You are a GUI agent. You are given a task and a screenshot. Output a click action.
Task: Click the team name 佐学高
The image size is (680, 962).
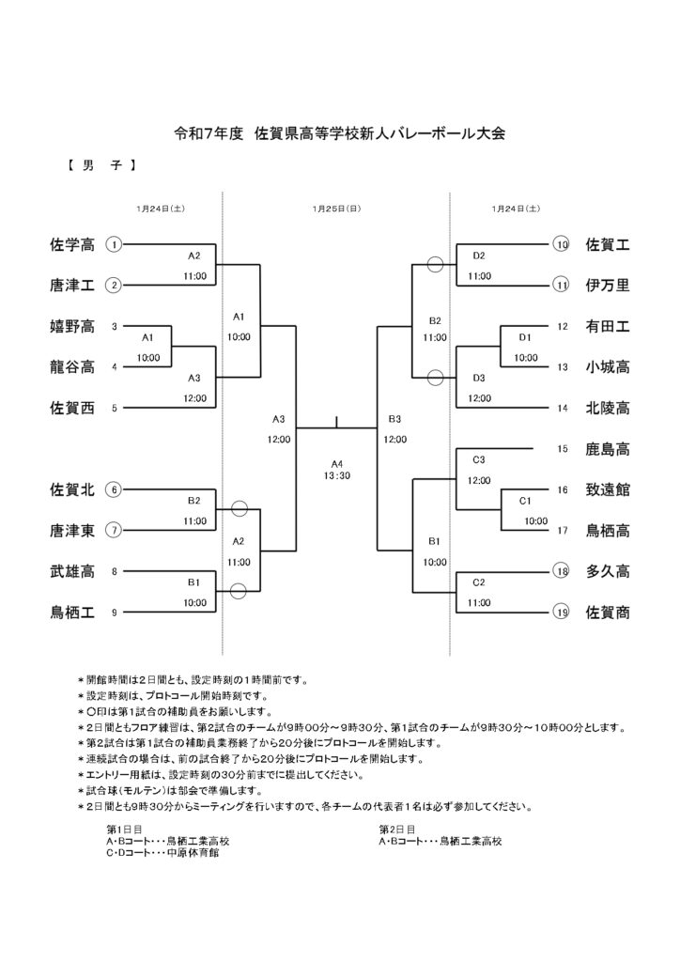71,245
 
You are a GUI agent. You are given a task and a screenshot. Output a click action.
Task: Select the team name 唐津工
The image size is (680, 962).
71,285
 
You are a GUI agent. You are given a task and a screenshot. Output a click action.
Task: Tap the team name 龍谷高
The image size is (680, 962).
71,366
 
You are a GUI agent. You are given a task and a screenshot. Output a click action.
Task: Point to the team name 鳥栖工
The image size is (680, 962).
71,613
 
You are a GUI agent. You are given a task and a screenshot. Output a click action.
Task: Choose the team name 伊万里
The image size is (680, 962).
607,285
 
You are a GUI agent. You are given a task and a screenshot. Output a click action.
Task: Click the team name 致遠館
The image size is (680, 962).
607,489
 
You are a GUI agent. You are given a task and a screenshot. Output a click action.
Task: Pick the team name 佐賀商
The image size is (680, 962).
607,613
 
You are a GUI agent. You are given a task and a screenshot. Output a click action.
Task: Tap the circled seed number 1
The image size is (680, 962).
114,245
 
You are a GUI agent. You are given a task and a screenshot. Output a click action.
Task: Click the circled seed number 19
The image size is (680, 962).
562,613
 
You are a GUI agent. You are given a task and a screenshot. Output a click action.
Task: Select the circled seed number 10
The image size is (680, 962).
562,245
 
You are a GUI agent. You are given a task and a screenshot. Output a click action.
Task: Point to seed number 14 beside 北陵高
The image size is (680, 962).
562,408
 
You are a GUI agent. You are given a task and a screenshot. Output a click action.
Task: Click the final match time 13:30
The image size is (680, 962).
337,476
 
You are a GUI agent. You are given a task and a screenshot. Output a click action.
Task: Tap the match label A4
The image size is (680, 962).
337,463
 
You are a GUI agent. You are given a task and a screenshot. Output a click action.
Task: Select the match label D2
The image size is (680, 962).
479,256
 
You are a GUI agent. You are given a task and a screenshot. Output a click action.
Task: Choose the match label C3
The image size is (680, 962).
479,459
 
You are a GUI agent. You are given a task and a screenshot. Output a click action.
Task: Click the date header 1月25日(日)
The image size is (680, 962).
336,209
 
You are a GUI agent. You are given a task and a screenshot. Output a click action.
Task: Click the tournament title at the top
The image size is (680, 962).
340,133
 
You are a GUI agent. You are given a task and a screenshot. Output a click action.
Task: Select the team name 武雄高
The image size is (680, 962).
71,571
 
